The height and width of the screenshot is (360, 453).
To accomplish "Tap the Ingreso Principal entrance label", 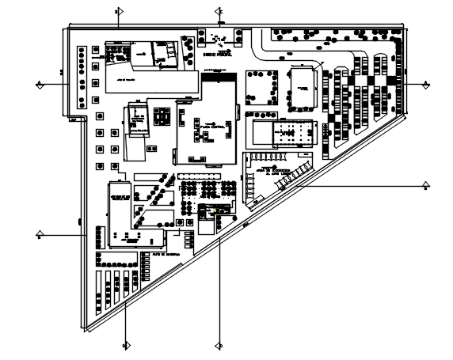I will coord(218,56).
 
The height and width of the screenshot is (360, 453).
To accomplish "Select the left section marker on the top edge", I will coord(116,12).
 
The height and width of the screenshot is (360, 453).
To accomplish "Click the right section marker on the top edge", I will coord(219,12).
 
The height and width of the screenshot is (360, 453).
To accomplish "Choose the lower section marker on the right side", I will coord(426,187).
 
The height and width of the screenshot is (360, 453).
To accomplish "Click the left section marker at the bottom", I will coord(125,345).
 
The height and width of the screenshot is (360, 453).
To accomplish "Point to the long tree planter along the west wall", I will coord(81,77).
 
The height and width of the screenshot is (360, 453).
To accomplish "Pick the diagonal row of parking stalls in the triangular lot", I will coord(293,174).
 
